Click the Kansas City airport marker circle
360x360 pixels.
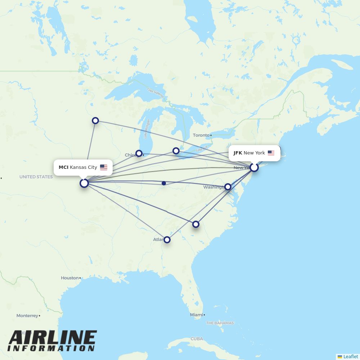(x=84, y=183)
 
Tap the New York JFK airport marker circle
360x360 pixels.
(x=254, y=167)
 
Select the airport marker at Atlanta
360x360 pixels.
(x=167, y=239)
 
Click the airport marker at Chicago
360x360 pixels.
(x=139, y=153)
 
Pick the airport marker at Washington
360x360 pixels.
(x=228, y=186)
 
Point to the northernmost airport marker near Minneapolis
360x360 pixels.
(x=95, y=121)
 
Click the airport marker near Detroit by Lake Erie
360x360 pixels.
(x=176, y=151)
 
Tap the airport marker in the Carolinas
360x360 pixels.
(x=196, y=224)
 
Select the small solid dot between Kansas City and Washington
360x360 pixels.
(x=164, y=183)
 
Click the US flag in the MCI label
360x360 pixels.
(x=104, y=167)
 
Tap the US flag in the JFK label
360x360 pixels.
(x=271, y=153)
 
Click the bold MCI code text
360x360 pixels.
(x=63, y=167)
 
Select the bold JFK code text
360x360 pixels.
(x=238, y=153)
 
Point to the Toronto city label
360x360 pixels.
(x=201, y=135)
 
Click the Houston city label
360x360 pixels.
(x=69, y=278)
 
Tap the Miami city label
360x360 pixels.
(x=196, y=315)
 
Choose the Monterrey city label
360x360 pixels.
(x=27, y=316)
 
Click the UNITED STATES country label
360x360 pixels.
(x=36, y=177)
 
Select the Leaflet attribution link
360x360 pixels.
(x=350, y=356)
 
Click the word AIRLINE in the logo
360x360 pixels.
(x=53, y=338)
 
